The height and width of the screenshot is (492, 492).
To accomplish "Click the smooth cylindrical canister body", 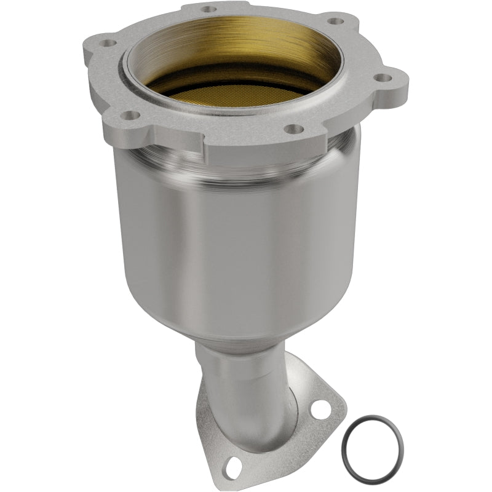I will coord(246,246).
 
